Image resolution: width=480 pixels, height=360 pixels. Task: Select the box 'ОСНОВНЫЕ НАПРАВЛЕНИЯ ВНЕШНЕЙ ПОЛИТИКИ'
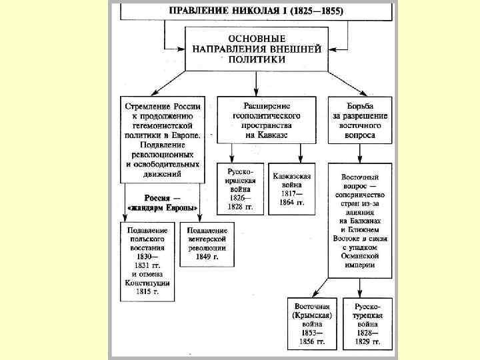click(257, 49)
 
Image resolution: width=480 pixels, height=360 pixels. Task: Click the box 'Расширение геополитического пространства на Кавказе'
click(259, 121)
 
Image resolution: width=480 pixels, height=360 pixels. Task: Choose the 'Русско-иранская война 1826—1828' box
click(240, 189)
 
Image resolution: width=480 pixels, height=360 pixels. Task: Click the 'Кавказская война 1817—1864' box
click(291, 189)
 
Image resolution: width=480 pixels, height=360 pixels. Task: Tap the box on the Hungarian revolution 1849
click(207, 243)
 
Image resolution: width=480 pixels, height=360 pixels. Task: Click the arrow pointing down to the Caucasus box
click(257, 83)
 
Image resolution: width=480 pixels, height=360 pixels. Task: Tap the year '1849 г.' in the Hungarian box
click(206, 256)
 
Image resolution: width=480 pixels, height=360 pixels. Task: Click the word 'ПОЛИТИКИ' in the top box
click(257, 59)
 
